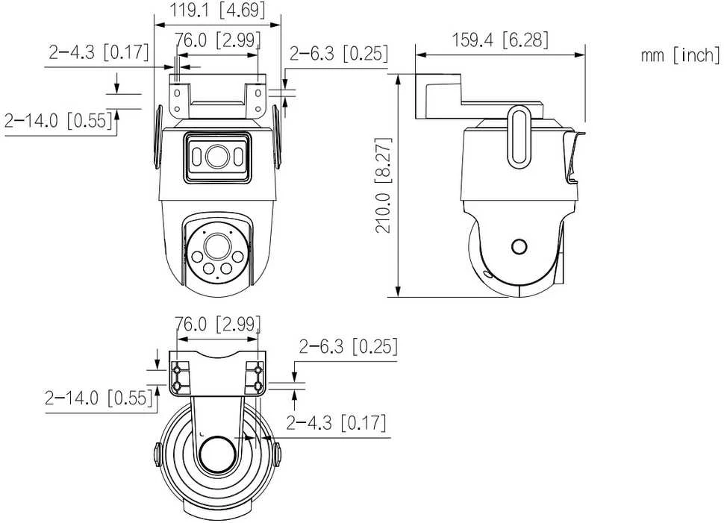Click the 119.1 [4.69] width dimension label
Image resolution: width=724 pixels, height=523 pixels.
pos(217,10)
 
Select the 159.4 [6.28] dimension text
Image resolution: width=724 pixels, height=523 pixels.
pos(500,40)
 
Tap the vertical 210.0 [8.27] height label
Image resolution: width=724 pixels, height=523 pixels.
pos(384,184)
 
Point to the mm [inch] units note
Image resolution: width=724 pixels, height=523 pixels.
pos(680,55)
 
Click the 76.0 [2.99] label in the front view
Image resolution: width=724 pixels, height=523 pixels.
pos(217,40)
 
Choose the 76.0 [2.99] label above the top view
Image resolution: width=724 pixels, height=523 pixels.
pos(217,324)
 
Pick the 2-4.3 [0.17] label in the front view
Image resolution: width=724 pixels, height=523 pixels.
pos(99,52)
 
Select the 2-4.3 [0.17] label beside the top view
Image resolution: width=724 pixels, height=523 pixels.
pos(336,422)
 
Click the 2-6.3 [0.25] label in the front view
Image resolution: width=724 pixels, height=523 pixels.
pos(338,54)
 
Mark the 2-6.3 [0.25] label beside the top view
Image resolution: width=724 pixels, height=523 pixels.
pos(348,346)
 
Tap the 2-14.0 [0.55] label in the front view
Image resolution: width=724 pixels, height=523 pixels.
pos(59,120)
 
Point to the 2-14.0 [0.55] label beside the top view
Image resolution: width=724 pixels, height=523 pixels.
pos(99,398)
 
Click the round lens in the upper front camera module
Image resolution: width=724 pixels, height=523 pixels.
pos(217,157)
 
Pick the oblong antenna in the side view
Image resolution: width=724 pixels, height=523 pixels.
pos(519,137)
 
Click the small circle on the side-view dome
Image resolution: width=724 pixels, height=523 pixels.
pos(519,246)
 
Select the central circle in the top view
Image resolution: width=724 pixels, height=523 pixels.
pos(218,454)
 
